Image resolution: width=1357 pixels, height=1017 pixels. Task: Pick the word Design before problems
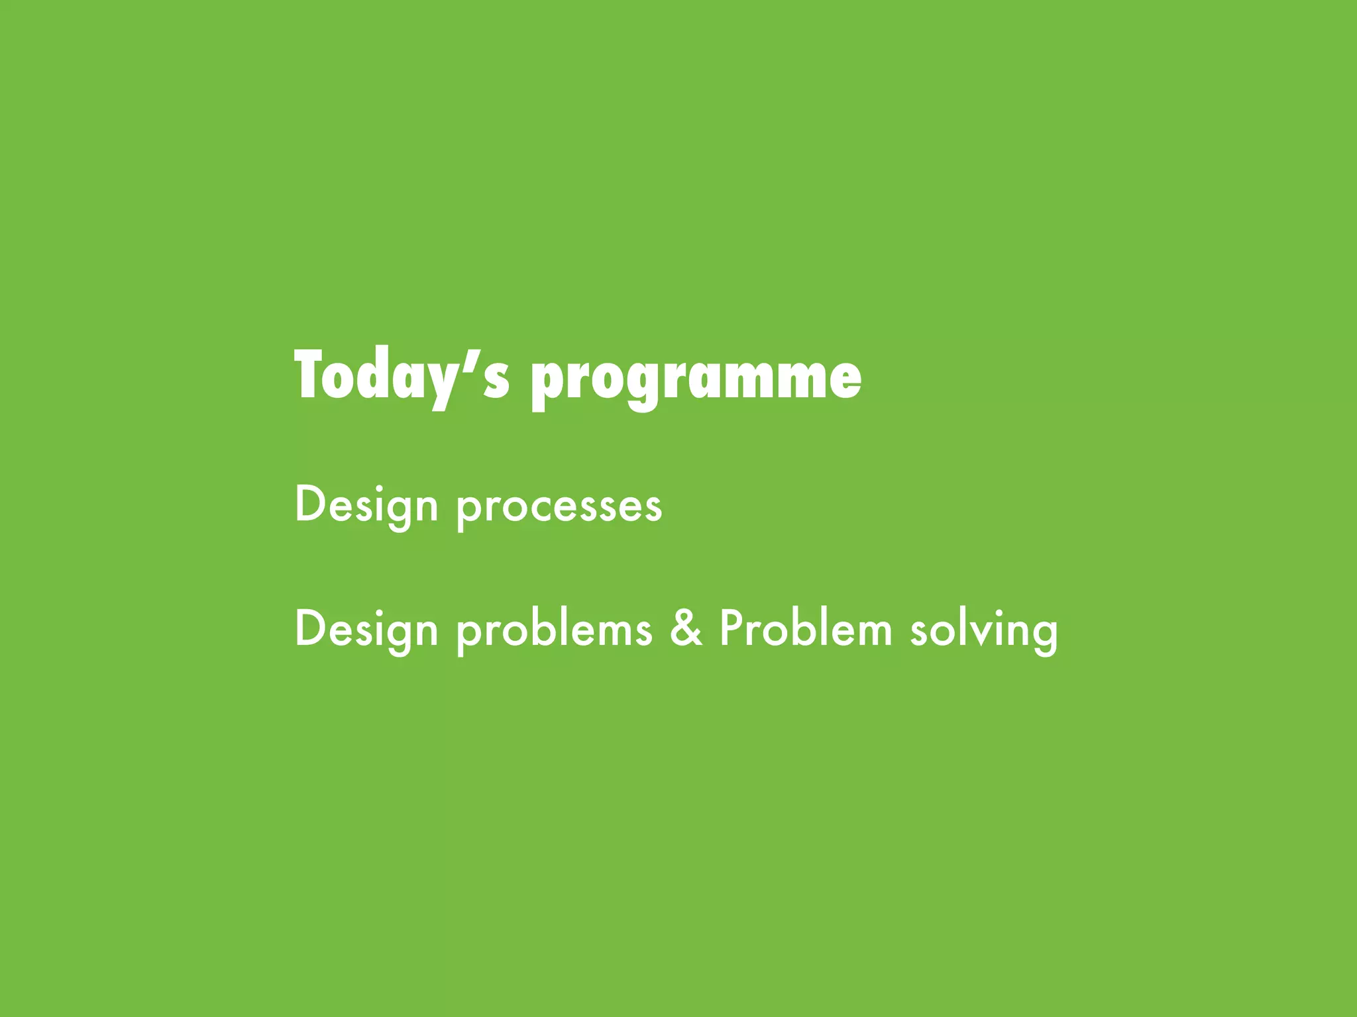[x=366, y=630]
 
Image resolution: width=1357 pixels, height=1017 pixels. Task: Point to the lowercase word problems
[x=554, y=630]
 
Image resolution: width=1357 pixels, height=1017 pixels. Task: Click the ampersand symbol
[x=685, y=628]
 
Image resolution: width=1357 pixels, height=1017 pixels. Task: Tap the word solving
[x=983, y=630]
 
